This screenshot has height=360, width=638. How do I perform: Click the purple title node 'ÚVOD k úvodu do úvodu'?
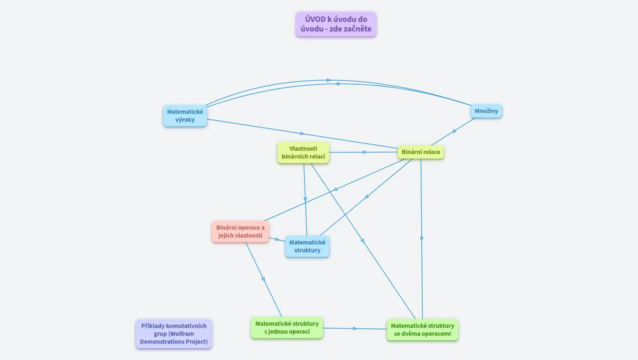pyautogui.click(x=336, y=24)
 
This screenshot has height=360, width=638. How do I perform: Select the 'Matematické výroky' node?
pyautogui.click(x=185, y=116)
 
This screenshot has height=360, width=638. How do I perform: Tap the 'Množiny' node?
pyautogui.click(x=486, y=111)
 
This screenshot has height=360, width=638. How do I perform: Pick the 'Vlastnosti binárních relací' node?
pyautogui.click(x=303, y=152)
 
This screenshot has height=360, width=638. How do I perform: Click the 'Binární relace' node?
pyautogui.click(x=421, y=152)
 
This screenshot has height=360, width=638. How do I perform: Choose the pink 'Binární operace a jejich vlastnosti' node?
pyautogui.click(x=240, y=232)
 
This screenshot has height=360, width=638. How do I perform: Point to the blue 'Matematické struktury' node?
pyautogui.click(x=307, y=246)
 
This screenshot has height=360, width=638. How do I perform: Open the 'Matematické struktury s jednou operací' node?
pyautogui.click(x=287, y=327)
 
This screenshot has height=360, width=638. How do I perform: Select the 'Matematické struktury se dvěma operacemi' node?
pyautogui.click(x=422, y=330)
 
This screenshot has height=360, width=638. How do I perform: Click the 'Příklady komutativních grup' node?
pyautogui.click(x=174, y=334)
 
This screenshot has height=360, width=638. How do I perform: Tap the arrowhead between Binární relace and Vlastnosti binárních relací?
pyautogui.click(x=363, y=152)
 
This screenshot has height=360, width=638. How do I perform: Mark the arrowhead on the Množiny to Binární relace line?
pyautogui.click(x=454, y=131)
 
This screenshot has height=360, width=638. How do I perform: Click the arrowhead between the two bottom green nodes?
pyautogui.click(x=355, y=329)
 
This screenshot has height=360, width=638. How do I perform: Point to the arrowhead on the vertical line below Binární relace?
pyautogui.click(x=422, y=239)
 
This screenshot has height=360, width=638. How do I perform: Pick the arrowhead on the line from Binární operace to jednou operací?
pyautogui.click(x=263, y=279)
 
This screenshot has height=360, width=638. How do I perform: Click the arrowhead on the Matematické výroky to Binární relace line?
pyautogui.click(x=303, y=134)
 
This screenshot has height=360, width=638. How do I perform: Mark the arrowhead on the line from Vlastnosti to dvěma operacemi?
pyautogui.click(x=363, y=240)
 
